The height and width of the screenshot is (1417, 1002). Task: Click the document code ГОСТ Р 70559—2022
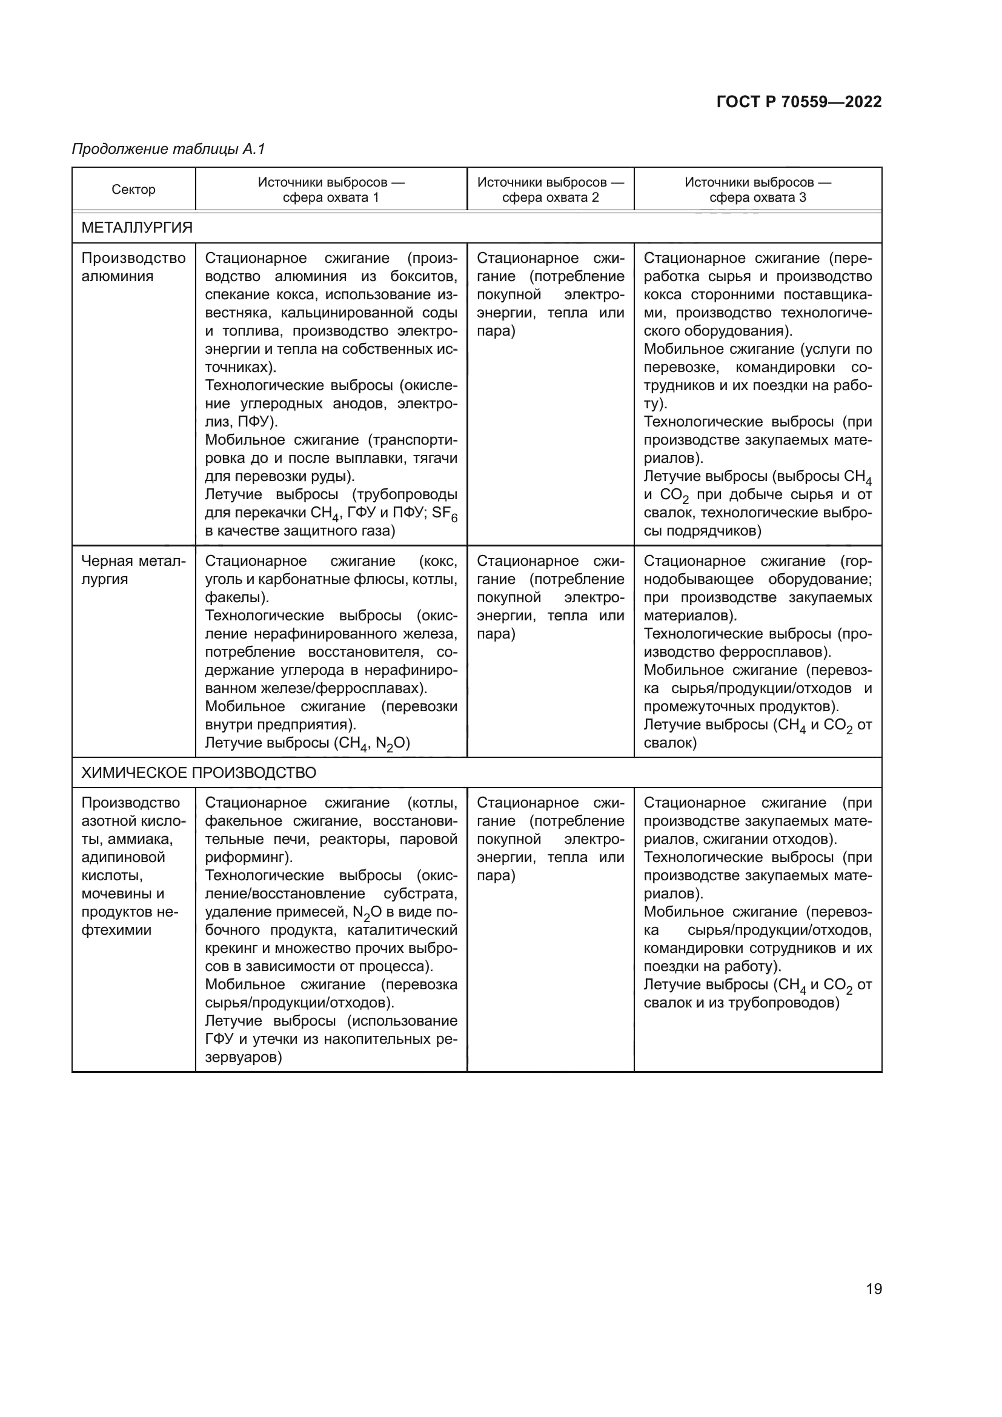point(799,102)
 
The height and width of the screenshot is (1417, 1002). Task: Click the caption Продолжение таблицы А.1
point(168,149)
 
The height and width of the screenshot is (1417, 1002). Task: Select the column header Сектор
point(133,190)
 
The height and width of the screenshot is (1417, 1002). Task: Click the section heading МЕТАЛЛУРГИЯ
point(137,228)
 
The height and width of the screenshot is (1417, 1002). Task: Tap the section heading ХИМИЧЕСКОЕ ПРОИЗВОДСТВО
point(199,772)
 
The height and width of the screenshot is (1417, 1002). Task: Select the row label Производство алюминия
point(133,267)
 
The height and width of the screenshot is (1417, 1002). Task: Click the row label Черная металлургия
point(133,569)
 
